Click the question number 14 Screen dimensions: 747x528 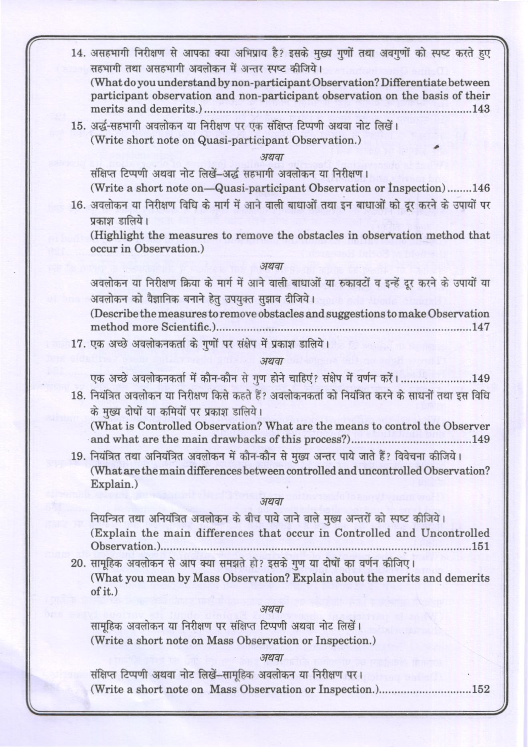coord(78,53)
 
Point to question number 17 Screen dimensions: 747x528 coord(78,344)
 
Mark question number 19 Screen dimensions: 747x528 coord(78,456)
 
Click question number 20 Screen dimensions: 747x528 coord(78,564)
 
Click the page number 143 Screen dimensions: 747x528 coord(481,109)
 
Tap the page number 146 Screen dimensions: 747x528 coord(481,188)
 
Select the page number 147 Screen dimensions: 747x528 coord(481,327)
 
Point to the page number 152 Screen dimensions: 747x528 coord(481,689)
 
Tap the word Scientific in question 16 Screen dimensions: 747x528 coord(188,327)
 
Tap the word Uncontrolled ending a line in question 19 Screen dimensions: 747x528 coord(455,533)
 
